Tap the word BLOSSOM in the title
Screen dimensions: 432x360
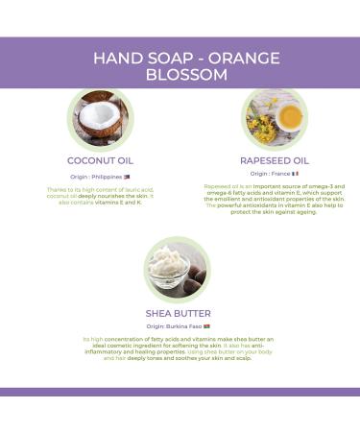[180, 76]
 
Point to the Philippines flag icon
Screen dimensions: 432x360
[128, 177]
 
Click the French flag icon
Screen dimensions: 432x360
[295, 174]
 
